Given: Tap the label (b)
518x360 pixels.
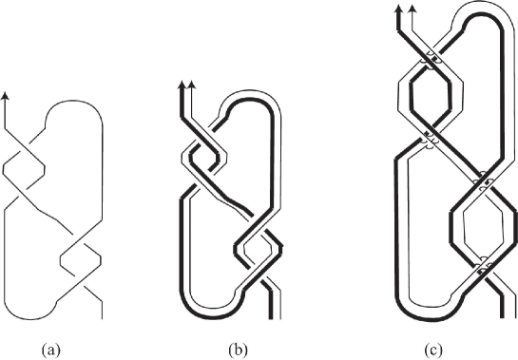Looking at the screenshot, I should pyautogui.click(x=226, y=348).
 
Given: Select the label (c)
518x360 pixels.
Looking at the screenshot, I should pyautogui.click(x=434, y=348).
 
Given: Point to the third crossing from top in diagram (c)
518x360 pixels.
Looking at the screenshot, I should pyautogui.click(x=484, y=179).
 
